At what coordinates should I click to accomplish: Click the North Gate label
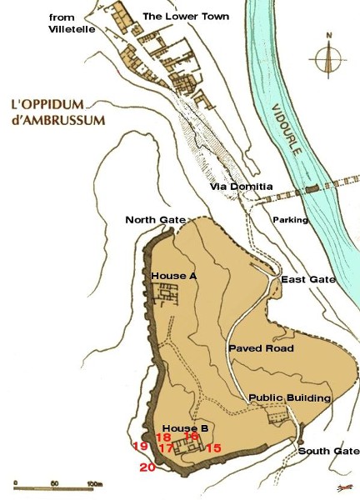pos(155,220)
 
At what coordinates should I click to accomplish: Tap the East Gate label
pos(308,279)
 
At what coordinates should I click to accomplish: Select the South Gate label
pos(330,451)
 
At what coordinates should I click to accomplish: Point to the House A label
pos(174,274)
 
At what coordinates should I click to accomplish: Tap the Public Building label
pos(291,398)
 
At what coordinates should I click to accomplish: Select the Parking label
pos(291,220)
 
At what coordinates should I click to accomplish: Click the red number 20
pos(147,467)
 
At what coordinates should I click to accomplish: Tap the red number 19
pos(140,447)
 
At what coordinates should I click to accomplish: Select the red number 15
pos(214,448)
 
